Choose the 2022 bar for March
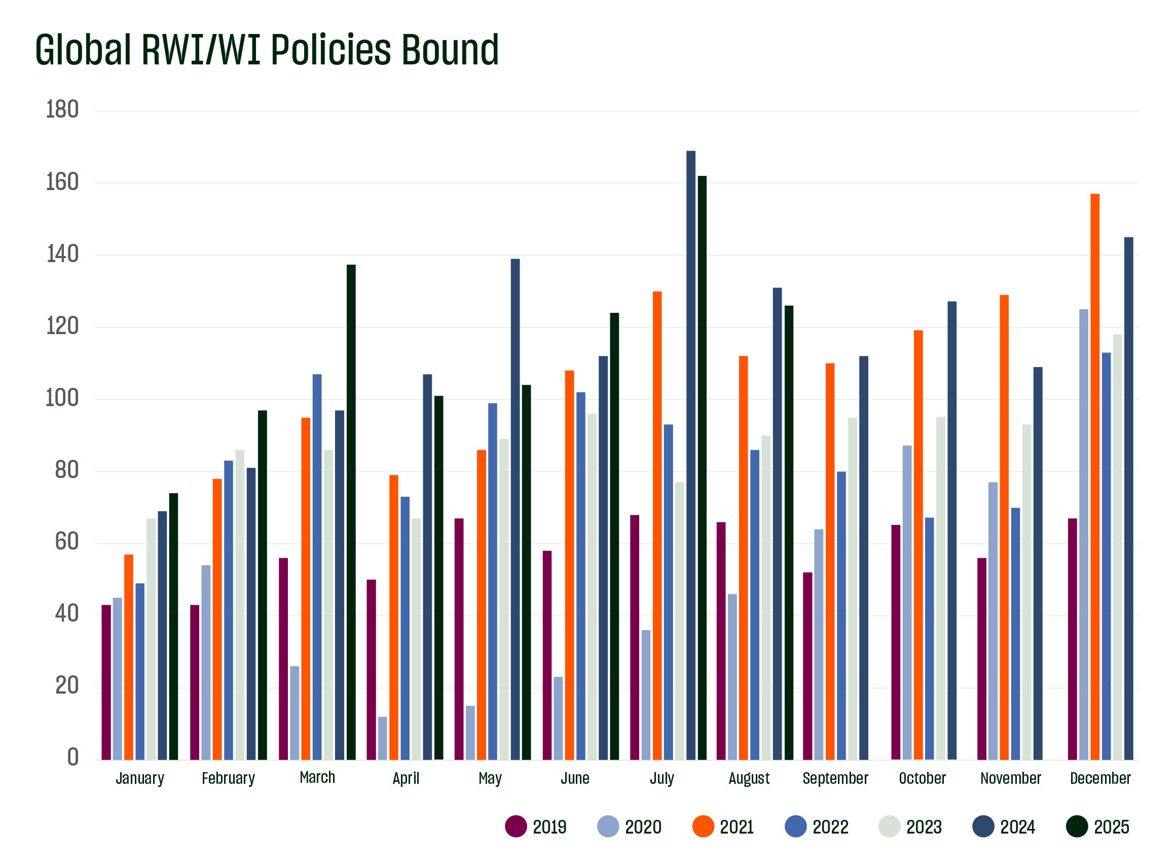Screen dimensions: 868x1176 (317, 567)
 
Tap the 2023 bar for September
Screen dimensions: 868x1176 (853, 589)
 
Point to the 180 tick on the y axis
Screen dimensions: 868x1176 (62, 110)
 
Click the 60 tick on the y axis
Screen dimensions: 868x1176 (67, 541)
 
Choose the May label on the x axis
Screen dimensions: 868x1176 (490, 778)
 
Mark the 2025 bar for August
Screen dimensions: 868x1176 (789, 533)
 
